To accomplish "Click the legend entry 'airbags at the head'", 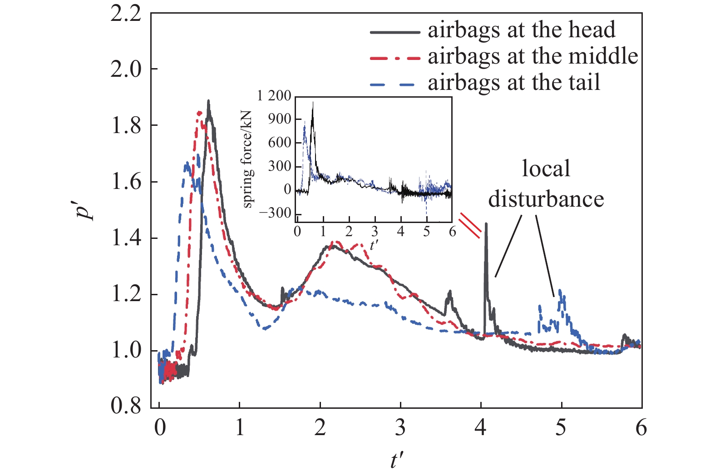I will pyautogui.click(x=521, y=30).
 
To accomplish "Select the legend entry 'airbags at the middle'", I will pyautogui.click(x=533, y=56).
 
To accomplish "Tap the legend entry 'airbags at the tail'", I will pyautogui.click(x=513, y=83).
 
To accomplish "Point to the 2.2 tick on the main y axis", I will pyautogui.click(x=126, y=14).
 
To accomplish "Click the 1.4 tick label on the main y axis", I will pyautogui.click(x=126, y=238).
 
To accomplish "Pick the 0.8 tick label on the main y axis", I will pyautogui.click(x=126, y=406).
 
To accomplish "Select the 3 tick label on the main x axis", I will pyautogui.click(x=400, y=428).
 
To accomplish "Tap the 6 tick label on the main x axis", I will pyautogui.click(x=641, y=428).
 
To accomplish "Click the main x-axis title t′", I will pyautogui.click(x=396, y=460).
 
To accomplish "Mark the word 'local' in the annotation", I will pyautogui.click(x=546, y=169).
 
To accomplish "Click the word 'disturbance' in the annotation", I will pyautogui.click(x=546, y=199).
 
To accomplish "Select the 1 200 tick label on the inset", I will pyautogui.click(x=274, y=96).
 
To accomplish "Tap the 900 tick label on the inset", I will pyautogui.click(x=280, y=119).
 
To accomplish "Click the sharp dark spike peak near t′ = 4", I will pyautogui.click(x=486, y=223).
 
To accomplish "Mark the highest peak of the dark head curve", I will pyautogui.click(x=208, y=101).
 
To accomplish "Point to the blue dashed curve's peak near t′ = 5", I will pyautogui.click(x=560, y=290).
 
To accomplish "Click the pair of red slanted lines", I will pyautogui.click(x=470, y=225).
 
